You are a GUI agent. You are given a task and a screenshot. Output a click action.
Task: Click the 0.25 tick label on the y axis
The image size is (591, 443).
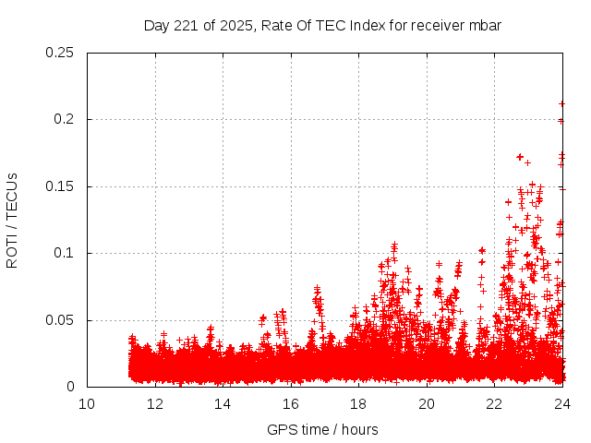[x=60, y=53]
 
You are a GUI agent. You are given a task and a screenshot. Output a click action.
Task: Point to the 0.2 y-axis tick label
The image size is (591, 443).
[x=64, y=119]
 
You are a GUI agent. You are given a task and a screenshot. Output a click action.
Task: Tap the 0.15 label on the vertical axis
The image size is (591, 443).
[x=60, y=186]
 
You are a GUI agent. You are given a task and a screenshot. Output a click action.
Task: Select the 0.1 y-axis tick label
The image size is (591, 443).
[x=64, y=253]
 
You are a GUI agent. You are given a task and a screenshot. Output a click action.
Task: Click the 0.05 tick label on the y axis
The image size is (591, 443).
[x=60, y=320]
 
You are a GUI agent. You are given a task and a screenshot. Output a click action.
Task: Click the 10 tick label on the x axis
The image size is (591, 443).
[x=87, y=404]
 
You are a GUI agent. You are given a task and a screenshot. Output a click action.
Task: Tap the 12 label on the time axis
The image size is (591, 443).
[x=155, y=404]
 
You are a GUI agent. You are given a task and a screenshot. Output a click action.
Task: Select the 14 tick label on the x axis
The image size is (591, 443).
[x=223, y=404]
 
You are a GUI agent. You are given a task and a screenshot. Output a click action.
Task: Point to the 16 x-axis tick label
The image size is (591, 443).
[x=291, y=404]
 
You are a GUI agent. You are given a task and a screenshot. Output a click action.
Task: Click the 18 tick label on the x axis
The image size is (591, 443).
[x=358, y=404]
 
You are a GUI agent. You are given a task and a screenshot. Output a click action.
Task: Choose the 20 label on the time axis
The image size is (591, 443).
[x=427, y=404]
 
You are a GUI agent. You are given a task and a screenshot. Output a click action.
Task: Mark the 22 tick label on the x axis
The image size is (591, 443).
[x=494, y=404]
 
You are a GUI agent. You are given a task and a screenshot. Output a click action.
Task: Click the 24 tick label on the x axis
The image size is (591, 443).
[x=562, y=404]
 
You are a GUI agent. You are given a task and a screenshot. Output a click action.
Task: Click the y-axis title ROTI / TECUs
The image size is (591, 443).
[x=12, y=220]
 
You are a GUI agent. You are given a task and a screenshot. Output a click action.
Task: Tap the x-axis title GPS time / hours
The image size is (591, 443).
[x=322, y=429]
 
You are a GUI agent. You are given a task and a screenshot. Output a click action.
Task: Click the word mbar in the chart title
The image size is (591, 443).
[x=484, y=25]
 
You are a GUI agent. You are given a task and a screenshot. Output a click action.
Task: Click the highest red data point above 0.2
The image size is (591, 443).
[x=562, y=103]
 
